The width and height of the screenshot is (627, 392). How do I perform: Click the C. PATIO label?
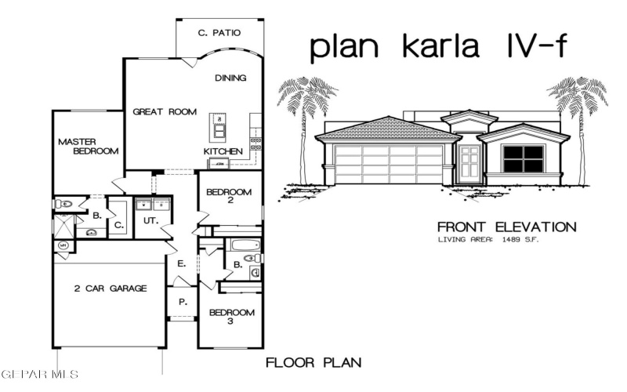click(x=219, y=33)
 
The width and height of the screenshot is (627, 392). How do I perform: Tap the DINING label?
click(x=230, y=78)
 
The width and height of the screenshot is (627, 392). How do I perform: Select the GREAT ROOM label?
click(x=164, y=111)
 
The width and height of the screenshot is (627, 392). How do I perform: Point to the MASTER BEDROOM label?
click(x=89, y=146)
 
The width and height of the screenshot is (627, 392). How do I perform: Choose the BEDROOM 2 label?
click(x=229, y=197)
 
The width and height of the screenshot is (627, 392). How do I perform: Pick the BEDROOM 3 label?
click(x=231, y=317)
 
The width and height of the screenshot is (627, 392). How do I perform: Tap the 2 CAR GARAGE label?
click(x=111, y=289)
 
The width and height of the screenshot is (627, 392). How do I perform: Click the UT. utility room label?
click(x=150, y=222)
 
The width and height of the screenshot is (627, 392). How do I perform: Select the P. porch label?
click(x=183, y=301)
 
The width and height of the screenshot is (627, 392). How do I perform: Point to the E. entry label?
click(x=181, y=263)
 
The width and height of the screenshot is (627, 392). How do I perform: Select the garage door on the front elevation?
click(x=388, y=164)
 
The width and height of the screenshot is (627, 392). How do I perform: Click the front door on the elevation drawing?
click(x=470, y=164)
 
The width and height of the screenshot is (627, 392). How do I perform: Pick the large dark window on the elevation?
click(x=523, y=159)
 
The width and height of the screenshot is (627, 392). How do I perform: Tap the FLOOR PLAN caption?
click(x=313, y=363)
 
